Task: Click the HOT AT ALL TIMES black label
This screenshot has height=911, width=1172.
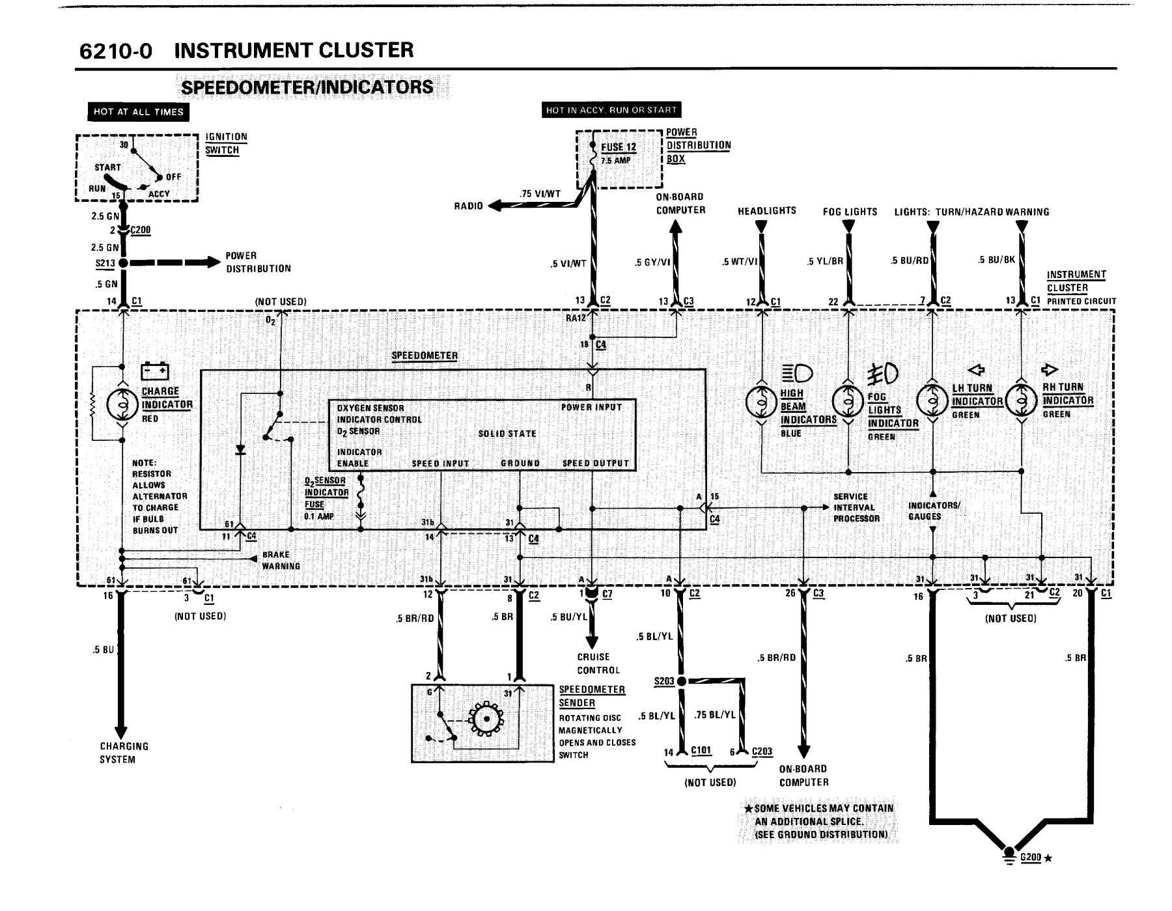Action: (x=139, y=112)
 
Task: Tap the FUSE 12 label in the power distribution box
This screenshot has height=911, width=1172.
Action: (x=619, y=147)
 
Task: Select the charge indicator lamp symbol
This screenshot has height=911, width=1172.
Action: (x=122, y=404)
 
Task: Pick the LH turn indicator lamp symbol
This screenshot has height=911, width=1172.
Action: (x=932, y=400)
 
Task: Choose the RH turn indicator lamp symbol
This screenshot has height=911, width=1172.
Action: (x=1022, y=400)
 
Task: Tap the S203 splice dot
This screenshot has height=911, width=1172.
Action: (x=681, y=681)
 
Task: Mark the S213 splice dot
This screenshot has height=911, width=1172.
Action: (x=122, y=263)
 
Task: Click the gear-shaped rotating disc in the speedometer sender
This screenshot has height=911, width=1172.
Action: (x=484, y=718)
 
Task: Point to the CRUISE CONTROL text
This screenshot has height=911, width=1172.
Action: (x=598, y=664)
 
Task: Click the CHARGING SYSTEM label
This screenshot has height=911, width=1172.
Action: (x=124, y=753)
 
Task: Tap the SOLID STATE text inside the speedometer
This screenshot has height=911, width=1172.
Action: (x=507, y=434)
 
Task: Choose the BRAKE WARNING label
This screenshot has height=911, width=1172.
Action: (x=281, y=561)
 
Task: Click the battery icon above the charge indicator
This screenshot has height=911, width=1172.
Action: (x=155, y=371)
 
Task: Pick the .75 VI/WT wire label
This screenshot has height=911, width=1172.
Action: (x=540, y=193)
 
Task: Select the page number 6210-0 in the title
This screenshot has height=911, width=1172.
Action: (x=115, y=51)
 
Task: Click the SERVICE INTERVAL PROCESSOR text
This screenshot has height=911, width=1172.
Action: (x=856, y=507)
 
